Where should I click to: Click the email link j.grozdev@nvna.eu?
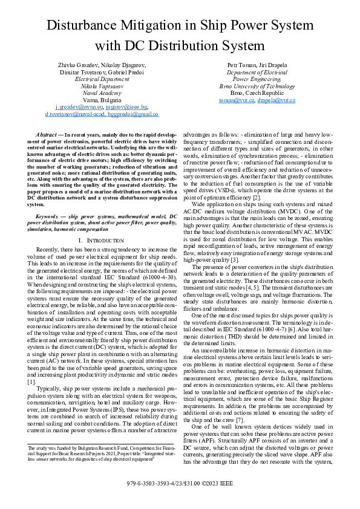(75, 106)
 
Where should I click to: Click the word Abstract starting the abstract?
(46, 133)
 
